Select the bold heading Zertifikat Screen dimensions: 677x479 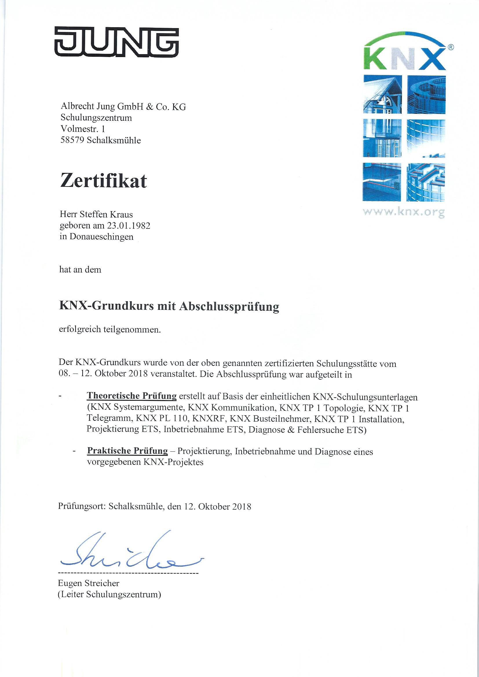point(103,181)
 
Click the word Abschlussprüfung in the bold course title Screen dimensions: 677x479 point(228,307)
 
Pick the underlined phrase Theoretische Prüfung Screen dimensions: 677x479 point(131,396)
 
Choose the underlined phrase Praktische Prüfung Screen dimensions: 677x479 point(127,451)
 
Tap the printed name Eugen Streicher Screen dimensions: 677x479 point(89,583)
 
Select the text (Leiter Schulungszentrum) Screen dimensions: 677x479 point(109,594)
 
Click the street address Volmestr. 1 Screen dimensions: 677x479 point(83,129)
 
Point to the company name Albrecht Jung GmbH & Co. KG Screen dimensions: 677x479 point(123,107)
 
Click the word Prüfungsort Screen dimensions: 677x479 point(81,506)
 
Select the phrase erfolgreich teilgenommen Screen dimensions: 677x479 point(110,330)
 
